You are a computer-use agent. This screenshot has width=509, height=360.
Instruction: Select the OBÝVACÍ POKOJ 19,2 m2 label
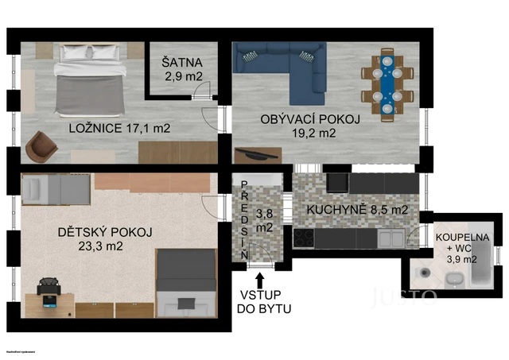310,126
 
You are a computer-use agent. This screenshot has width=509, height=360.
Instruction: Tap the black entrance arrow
259,281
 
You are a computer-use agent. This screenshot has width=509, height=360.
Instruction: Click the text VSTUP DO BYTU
259,302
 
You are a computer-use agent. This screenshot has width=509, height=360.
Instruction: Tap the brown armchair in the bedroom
41,145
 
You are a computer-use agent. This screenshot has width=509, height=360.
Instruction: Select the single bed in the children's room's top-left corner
55,189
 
